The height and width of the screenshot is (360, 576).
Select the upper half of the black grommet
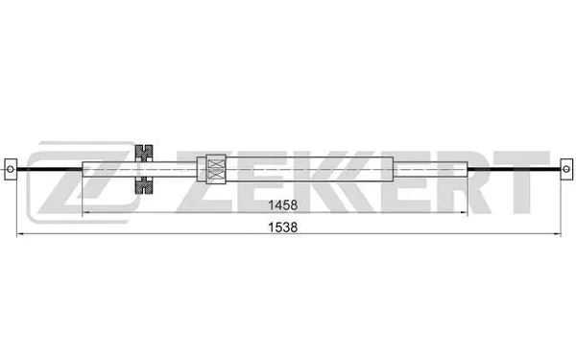145,153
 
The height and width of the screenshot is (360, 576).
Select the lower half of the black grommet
145,185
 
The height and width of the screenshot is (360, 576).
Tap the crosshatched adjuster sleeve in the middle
216,169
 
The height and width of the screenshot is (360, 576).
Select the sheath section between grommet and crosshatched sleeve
178,169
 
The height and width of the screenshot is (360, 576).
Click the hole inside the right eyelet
566,169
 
